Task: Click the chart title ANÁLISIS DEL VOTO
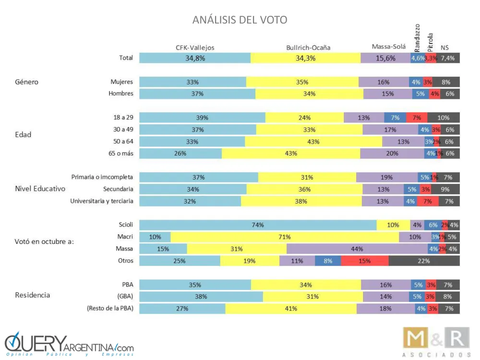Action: [x=240, y=20]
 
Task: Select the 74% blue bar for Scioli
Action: [x=258, y=225]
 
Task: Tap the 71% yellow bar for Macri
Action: [x=285, y=237]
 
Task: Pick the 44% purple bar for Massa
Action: [x=357, y=249]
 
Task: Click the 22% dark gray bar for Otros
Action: [x=424, y=261]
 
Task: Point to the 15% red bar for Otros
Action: [x=365, y=261]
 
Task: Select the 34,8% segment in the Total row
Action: [x=195, y=58]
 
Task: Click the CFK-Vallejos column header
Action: [x=195, y=47]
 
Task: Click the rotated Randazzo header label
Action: [x=417, y=37]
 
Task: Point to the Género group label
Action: [x=26, y=82]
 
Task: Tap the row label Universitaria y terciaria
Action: [x=102, y=201]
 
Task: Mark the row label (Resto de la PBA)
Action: [x=110, y=308]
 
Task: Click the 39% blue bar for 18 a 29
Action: [x=202, y=118]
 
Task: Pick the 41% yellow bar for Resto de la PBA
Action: [x=291, y=308]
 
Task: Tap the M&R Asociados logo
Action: [x=435, y=342]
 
